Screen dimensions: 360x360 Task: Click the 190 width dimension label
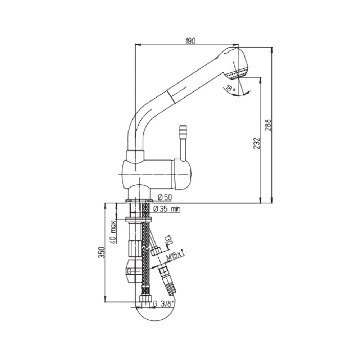[190, 41]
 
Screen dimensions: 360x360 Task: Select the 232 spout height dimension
[256, 143]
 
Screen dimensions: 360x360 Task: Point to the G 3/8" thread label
[163, 304]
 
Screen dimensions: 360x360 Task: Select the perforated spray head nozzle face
[236, 74]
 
